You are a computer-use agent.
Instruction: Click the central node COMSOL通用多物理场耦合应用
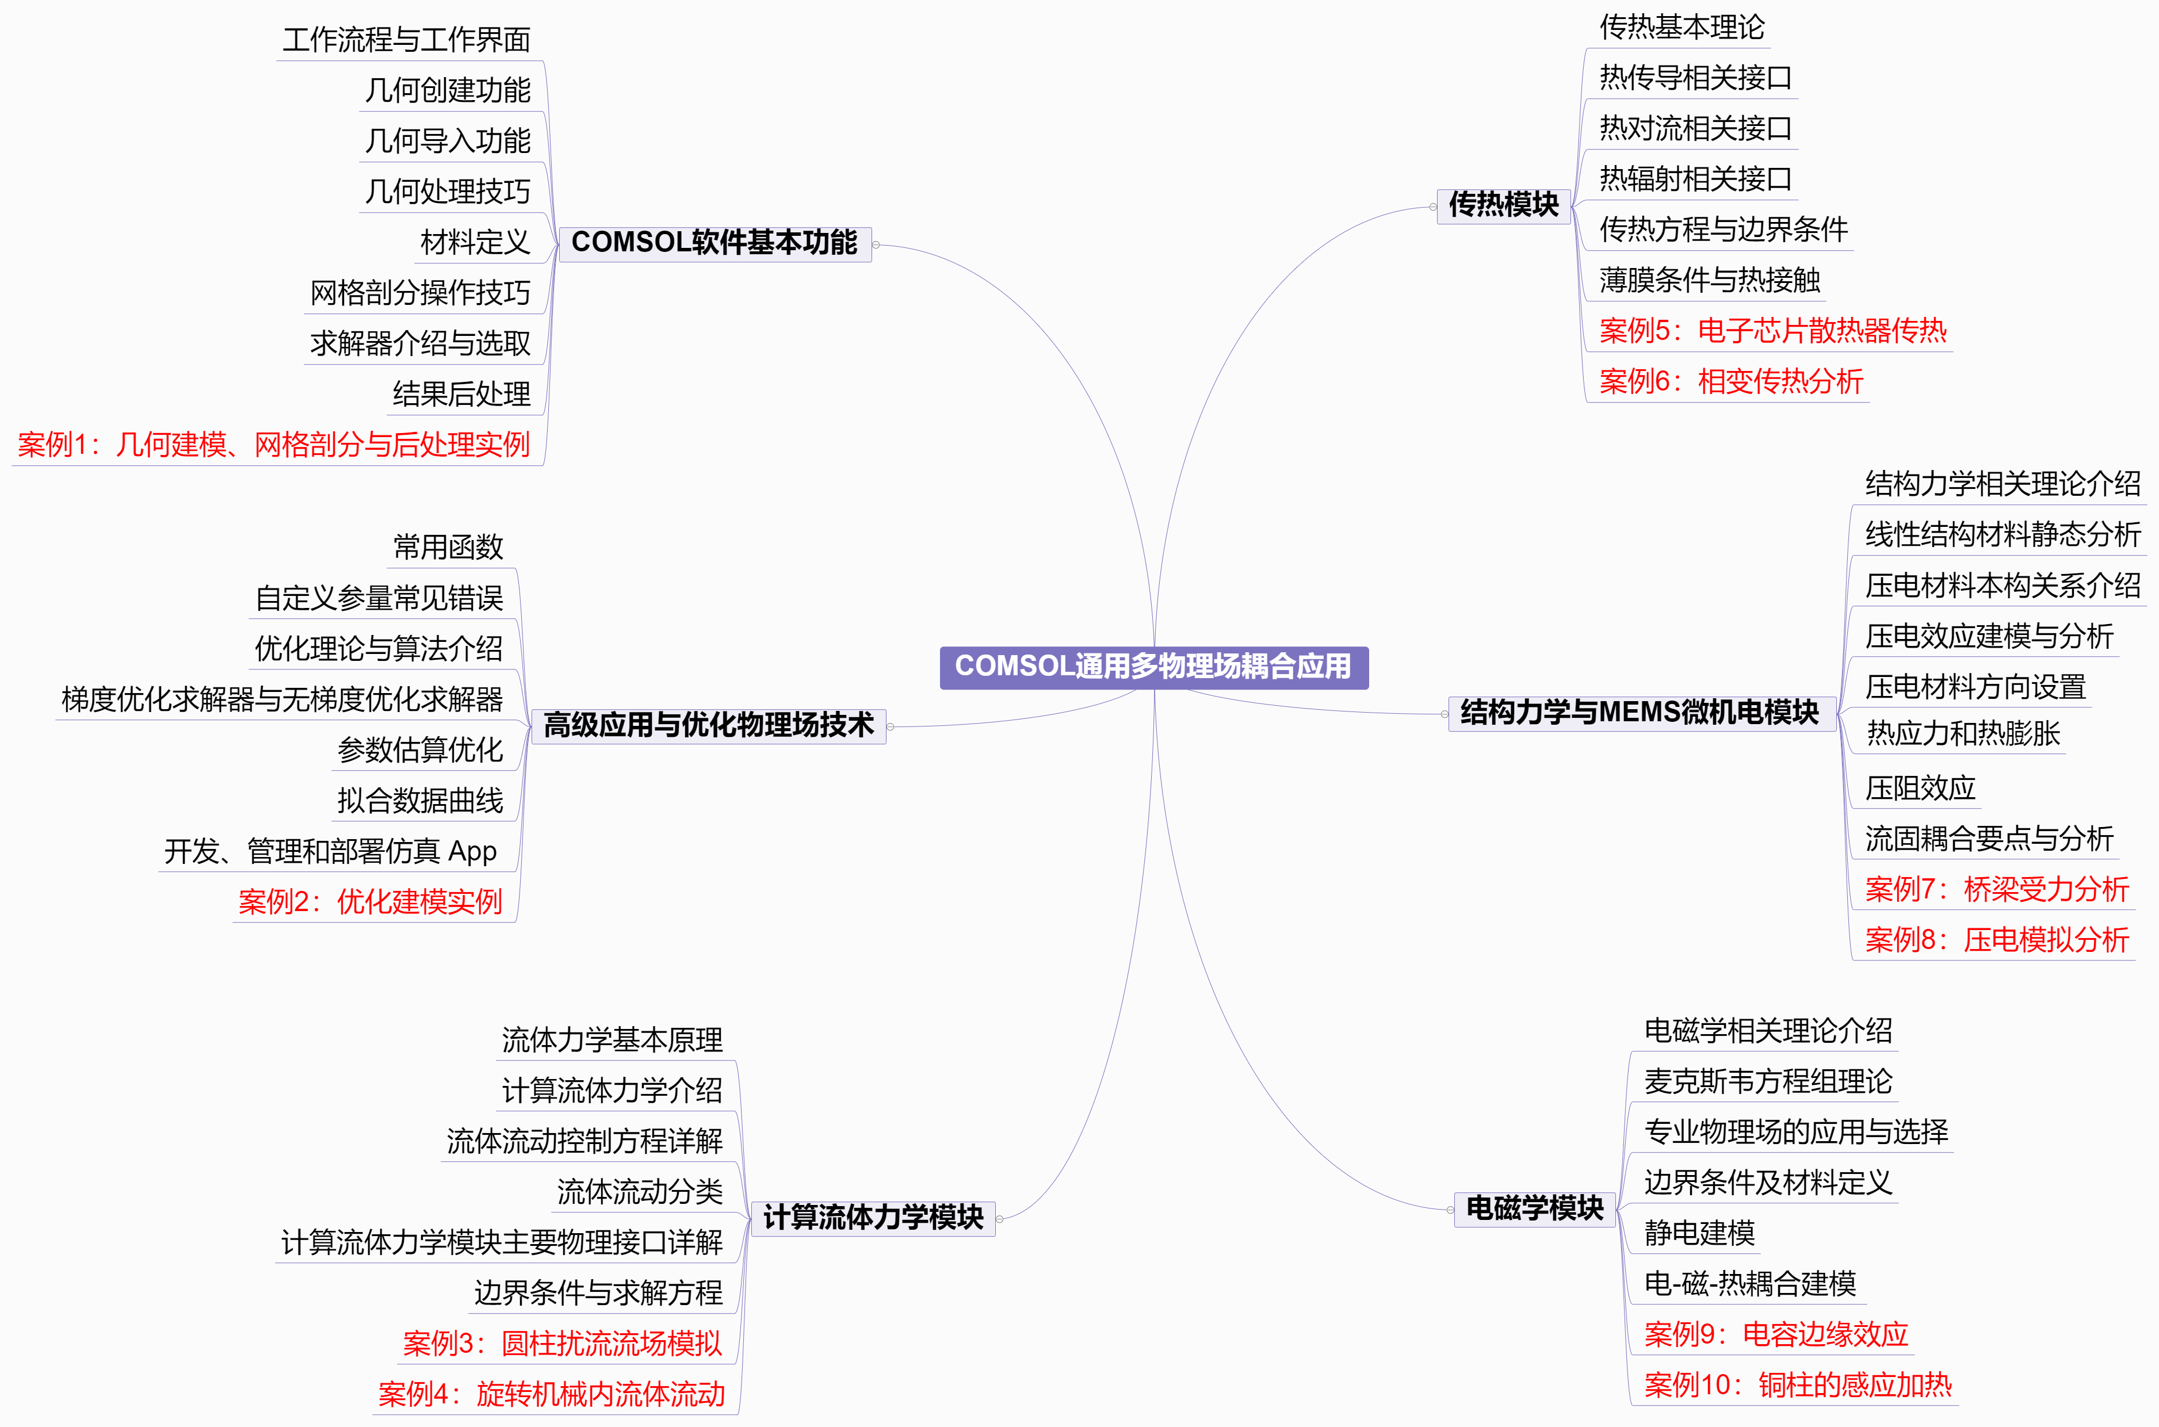pyautogui.click(x=1153, y=667)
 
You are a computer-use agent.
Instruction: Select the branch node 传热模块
pyautogui.click(x=1504, y=206)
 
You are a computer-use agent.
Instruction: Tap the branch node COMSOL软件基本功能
pyautogui.click(x=714, y=244)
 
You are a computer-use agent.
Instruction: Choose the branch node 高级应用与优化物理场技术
pyautogui.click(x=708, y=726)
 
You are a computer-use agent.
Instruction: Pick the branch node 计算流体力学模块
pyautogui.click(x=873, y=1219)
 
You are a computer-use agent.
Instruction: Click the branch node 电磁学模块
pyautogui.click(x=1535, y=1210)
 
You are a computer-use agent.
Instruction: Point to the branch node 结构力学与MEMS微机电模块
pyautogui.click(x=1640, y=713)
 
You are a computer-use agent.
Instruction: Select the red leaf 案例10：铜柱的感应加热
pyautogui.click(x=1798, y=1385)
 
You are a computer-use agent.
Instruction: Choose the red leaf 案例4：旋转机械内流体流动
pyautogui.click(x=552, y=1394)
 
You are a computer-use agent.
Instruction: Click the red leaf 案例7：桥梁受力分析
pyautogui.click(x=1997, y=889)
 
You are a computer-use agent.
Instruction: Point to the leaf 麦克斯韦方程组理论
pyautogui.click(x=1768, y=1082)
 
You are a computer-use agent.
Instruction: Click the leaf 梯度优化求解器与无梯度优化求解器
pyautogui.click(x=282, y=700)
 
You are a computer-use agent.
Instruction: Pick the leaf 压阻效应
pyautogui.click(x=1920, y=788)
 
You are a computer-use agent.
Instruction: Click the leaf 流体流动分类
pyautogui.click(x=640, y=1192)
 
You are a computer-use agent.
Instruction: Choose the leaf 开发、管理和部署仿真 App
pyautogui.click(x=330, y=852)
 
